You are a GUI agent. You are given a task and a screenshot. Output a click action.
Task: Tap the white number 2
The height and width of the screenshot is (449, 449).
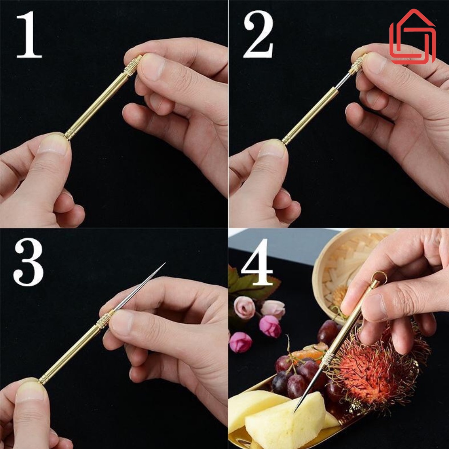[x=258, y=35]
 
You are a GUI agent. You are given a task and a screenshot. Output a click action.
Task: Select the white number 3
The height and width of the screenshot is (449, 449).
[x=28, y=262]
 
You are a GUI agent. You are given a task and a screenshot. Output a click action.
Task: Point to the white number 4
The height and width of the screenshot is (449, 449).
[x=257, y=262]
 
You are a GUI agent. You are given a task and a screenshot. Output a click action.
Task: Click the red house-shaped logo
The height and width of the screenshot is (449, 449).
[x=412, y=36]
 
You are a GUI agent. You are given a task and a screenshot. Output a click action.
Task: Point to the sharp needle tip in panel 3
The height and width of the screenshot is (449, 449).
[x=165, y=263]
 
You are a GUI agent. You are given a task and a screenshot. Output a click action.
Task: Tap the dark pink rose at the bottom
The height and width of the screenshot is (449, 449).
[x=241, y=342]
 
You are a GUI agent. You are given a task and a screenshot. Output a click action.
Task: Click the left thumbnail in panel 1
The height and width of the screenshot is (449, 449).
[x=54, y=144]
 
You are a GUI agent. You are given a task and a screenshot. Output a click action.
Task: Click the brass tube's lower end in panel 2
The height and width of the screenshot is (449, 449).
[x=286, y=141]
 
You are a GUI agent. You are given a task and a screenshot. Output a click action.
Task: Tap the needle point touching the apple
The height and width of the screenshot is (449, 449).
[x=295, y=411]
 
